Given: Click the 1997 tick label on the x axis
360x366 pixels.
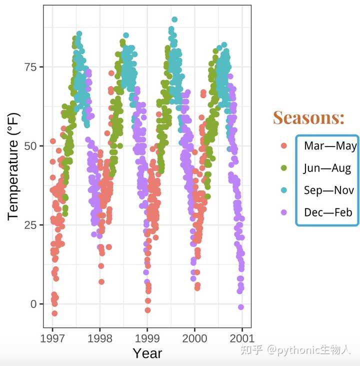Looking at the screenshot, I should click(x=52, y=336).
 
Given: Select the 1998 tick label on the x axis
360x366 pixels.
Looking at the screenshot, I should click(x=100, y=336).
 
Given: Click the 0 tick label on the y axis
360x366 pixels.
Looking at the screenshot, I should click(x=34, y=304).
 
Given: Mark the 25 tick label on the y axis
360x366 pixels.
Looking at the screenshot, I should click(x=30, y=225).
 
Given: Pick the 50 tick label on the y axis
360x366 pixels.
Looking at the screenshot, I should click(x=30, y=146).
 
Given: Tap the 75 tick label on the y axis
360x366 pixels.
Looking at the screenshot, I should click(x=30, y=67).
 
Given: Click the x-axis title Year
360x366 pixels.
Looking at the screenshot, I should click(x=147, y=353).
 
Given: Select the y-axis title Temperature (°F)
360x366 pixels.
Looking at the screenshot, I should click(x=14, y=166).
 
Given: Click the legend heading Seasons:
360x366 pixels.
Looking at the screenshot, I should click(x=308, y=118).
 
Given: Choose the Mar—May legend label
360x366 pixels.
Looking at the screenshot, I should click(x=330, y=146).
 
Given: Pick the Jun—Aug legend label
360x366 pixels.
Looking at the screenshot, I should click(x=327, y=168).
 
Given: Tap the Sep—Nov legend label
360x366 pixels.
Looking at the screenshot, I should click(x=328, y=190).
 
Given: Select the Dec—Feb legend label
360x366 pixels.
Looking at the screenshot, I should click(x=328, y=212).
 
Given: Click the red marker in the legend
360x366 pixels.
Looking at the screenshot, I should click(x=284, y=146).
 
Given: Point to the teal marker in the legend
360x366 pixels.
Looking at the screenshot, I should click(x=284, y=190).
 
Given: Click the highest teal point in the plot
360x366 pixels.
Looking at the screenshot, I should click(x=174, y=20).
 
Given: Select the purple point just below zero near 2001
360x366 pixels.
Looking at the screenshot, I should click(x=240, y=307).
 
